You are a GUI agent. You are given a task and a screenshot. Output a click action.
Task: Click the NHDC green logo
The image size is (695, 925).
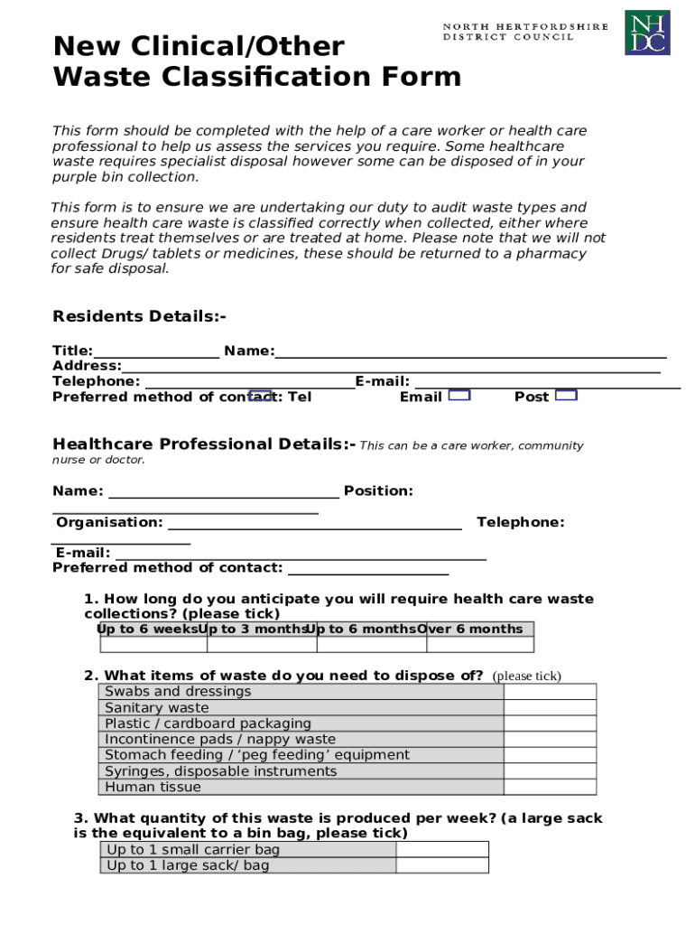tap(647, 33)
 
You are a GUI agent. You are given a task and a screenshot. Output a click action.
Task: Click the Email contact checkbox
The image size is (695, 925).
tap(459, 395)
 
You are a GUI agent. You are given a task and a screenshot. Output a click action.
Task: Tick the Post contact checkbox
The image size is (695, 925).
tap(566, 395)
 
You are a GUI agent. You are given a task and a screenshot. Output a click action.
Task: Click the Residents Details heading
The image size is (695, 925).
tap(139, 316)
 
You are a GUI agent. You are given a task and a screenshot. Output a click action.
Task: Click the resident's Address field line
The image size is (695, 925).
tap(390, 367)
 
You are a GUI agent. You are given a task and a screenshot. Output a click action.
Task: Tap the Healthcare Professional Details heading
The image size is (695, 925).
tap(204, 444)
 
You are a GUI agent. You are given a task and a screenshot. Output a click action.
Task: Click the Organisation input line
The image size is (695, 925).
tap(314, 524)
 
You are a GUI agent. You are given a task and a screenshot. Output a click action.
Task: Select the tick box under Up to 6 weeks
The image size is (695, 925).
tap(153, 645)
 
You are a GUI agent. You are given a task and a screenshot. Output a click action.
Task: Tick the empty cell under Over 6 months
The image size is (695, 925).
tap(479, 645)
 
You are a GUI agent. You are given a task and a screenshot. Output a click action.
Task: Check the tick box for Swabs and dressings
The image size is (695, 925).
tap(550, 692)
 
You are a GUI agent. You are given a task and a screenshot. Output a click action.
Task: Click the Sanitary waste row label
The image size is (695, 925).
tap(157, 708)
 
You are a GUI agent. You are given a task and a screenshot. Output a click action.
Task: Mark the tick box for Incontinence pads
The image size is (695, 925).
tap(550, 740)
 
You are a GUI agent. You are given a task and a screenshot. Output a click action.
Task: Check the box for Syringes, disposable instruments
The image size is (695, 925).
tap(550, 771)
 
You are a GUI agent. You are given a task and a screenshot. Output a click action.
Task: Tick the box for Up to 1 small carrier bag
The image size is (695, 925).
tap(442, 850)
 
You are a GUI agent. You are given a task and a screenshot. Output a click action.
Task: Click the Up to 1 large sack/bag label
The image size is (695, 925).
tap(188, 866)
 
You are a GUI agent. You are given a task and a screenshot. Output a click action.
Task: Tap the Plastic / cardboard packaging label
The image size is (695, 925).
tap(208, 724)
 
